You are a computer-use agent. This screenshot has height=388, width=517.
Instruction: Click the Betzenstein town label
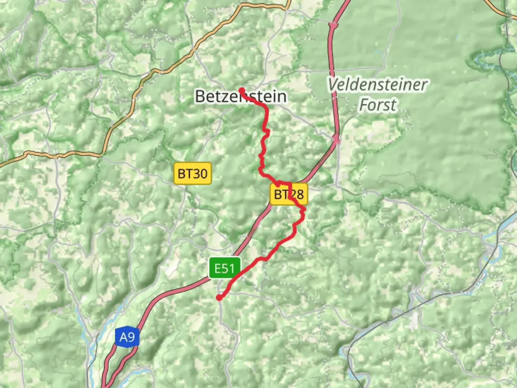click(241, 96)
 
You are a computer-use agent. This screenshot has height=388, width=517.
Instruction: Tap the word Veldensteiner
click(377, 85)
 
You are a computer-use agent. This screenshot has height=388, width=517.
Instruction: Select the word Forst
click(378, 105)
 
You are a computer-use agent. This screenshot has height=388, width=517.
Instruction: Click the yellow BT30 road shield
click(192, 174)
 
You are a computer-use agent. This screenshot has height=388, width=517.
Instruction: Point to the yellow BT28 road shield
click(289, 194)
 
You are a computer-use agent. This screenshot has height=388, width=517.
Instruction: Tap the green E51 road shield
click(224, 268)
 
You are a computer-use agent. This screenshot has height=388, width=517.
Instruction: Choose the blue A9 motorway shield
click(127, 337)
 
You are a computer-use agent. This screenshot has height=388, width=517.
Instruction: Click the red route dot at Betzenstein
click(242, 91)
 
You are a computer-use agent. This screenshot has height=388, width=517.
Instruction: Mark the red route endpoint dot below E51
click(219, 297)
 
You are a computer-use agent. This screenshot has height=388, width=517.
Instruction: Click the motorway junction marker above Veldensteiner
click(334, 25)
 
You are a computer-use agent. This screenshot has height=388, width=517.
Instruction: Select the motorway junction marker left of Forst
click(336, 139)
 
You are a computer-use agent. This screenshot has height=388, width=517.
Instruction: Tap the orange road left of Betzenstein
click(133, 97)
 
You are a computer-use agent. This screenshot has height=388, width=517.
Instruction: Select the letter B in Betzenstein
click(200, 96)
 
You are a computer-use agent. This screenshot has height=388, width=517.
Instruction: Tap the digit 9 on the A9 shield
click(131, 337)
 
